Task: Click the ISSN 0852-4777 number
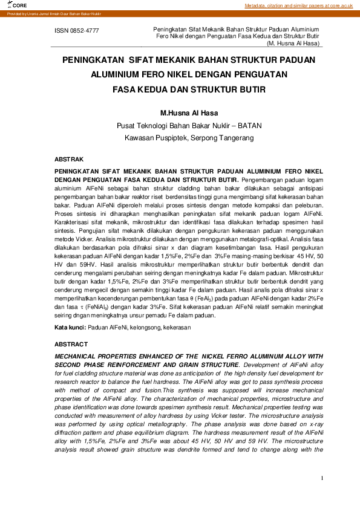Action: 77,30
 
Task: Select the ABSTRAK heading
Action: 69,159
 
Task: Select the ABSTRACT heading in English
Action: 71,344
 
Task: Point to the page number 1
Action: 322,478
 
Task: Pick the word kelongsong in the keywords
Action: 136,327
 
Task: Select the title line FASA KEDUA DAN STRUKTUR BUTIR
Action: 189,89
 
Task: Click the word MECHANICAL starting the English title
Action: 78,356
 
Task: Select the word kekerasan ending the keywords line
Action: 176,327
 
